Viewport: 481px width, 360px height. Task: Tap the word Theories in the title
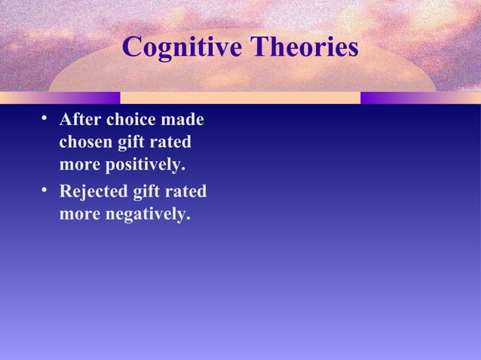[305, 48]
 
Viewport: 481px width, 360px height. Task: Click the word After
[79, 120]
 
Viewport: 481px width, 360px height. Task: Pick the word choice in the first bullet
[132, 120]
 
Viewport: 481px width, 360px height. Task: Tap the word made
[185, 120]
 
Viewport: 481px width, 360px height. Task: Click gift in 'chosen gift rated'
[133, 142]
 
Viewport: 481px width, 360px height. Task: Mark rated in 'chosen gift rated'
[173, 142]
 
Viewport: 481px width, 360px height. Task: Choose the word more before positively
[79, 164]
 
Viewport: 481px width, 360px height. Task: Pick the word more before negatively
[79, 215]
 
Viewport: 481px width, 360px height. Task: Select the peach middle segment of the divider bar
[240, 98]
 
